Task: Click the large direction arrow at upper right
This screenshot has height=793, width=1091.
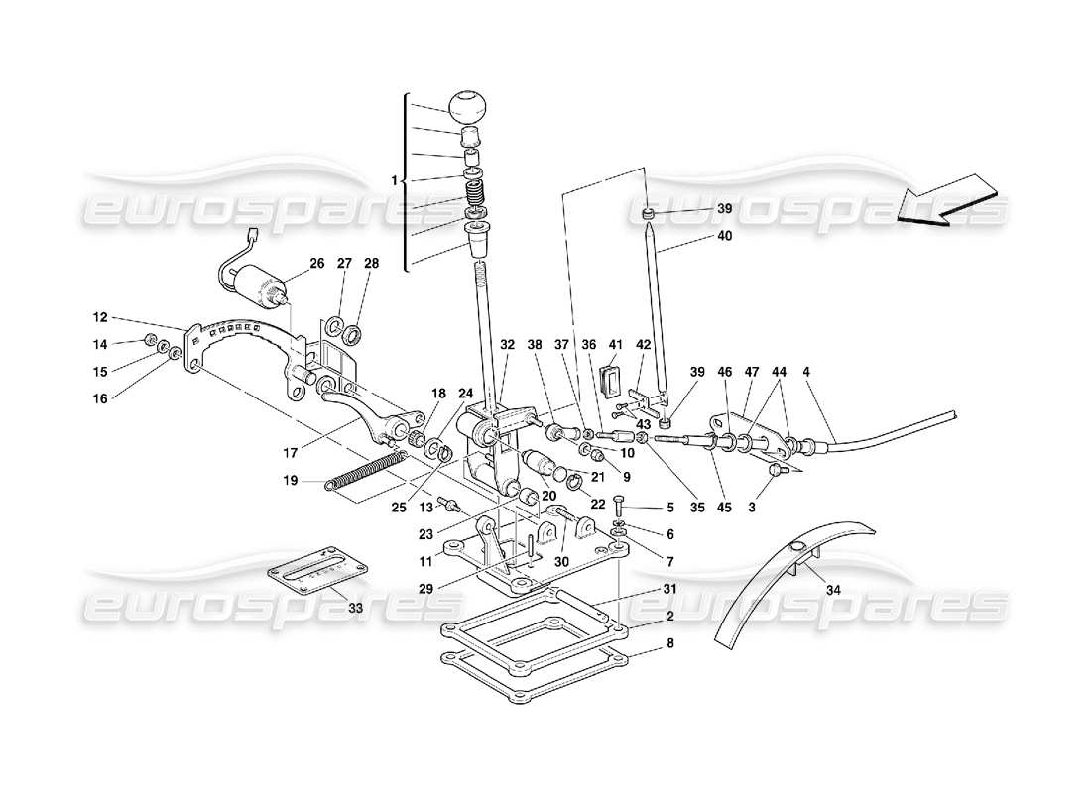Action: (x=947, y=200)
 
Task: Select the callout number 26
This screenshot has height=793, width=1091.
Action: (x=316, y=264)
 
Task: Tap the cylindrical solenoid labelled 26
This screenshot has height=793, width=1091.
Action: (x=263, y=288)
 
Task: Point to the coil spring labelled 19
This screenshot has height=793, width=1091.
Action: (x=367, y=471)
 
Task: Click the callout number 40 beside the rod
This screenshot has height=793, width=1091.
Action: (x=726, y=237)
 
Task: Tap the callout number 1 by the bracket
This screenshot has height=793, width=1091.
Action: (x=394, y=181)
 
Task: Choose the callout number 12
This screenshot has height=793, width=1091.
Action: (x=99, y=318)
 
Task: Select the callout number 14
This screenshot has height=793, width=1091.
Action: (x=99, y=345)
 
